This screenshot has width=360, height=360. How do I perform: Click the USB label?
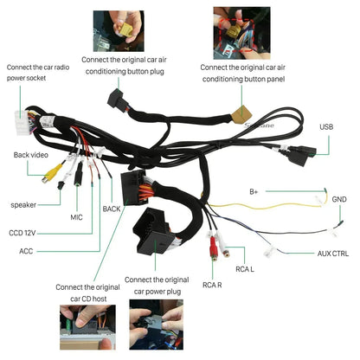pos(326,127)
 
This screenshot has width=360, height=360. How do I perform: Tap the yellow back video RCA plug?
pos(52,173)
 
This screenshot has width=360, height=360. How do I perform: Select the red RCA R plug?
pos(214,247)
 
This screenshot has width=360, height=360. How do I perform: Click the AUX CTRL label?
pos(333,254)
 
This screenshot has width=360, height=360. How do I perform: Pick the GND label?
pos(339,199)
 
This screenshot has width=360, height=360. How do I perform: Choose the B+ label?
pos(254,192)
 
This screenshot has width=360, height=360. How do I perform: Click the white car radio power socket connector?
pos(22,123)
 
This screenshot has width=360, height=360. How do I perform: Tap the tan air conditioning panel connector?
pos(241,114)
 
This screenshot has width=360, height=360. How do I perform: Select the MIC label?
pos(76,217)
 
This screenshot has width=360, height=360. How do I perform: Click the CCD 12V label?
pos(22,233)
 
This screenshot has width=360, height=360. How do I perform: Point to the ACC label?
pos(26,251)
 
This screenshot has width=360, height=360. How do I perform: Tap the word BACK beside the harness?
pos(112,209)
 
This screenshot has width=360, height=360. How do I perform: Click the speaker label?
pos(23,205)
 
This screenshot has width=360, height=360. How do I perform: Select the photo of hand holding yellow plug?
pos(119,31)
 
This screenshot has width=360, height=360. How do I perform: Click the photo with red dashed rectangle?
pos(241,33)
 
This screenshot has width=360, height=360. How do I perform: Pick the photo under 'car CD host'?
pos(87,327)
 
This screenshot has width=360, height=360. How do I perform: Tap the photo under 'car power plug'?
pos(156,325)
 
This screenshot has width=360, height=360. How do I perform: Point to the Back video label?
pos(31,155)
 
